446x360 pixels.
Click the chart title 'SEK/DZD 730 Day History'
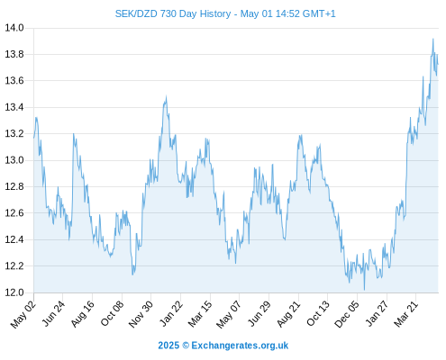coord(173,13)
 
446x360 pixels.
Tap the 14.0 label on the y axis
coord(14,28)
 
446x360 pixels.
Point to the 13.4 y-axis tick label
coord(14,107)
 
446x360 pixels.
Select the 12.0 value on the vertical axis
coord(14,292)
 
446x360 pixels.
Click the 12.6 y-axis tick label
coord(14,213)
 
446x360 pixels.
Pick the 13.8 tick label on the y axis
coord(14,54)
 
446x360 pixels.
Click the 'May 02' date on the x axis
coord(23,314)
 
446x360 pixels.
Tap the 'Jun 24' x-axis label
coord(53,314)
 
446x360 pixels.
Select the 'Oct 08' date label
coord(112,314)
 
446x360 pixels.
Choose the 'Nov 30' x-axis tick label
coord(141,314)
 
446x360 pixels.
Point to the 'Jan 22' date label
coord(171,314)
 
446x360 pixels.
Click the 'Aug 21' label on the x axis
coord(288,314)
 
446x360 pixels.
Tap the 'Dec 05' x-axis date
coord(347,314)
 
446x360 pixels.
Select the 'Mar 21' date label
coord(406,314)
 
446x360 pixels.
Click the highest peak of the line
coord(432,39)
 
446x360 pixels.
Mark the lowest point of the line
coord(364,290)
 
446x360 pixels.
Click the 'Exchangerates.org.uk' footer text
coord(240,346)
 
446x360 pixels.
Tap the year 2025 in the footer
coord(168,346)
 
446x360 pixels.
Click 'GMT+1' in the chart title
coord(319,13)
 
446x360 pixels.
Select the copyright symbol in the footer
coord(186,346)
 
